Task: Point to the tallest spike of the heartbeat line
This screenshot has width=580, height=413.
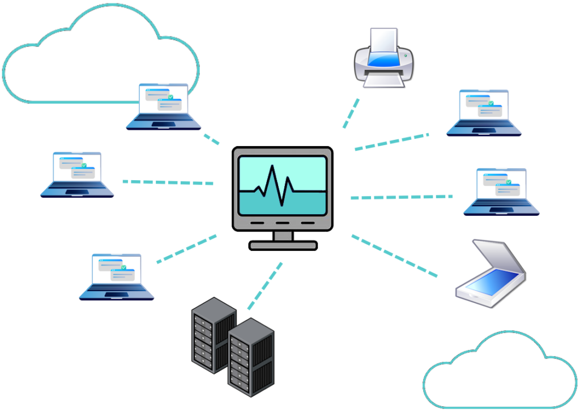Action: (x=273, y=170)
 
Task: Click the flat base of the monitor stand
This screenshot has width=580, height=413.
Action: (x=283, y=245)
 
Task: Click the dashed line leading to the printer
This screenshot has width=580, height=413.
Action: (x=351, y=113)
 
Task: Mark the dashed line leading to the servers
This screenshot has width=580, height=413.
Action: (x=265, y=286)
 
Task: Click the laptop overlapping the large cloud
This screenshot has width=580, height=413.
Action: (x=163, y=107)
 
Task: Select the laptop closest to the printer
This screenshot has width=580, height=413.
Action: (x=484, y=113)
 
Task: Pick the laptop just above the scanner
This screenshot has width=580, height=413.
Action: (x=501, y=192)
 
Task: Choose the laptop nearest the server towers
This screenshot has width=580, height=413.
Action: (x=117, y=277)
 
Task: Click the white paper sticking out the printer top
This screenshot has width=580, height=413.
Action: (x=383, y=40)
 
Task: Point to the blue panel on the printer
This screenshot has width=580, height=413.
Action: (x=384, y=58)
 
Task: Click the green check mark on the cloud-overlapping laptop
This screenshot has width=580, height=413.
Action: (x=170, y=97)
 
